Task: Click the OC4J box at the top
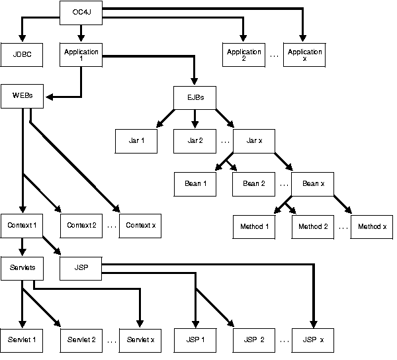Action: (81, 12)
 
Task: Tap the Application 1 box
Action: (81, 55)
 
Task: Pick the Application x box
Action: (304, 55)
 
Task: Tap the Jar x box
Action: (254, 141)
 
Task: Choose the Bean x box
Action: (313, 183)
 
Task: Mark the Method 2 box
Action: (313, 226)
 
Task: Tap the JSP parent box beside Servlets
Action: (81, 269)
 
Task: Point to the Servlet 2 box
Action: (81, 339)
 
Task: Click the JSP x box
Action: (313, 339)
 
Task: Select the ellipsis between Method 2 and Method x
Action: (343, 227)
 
